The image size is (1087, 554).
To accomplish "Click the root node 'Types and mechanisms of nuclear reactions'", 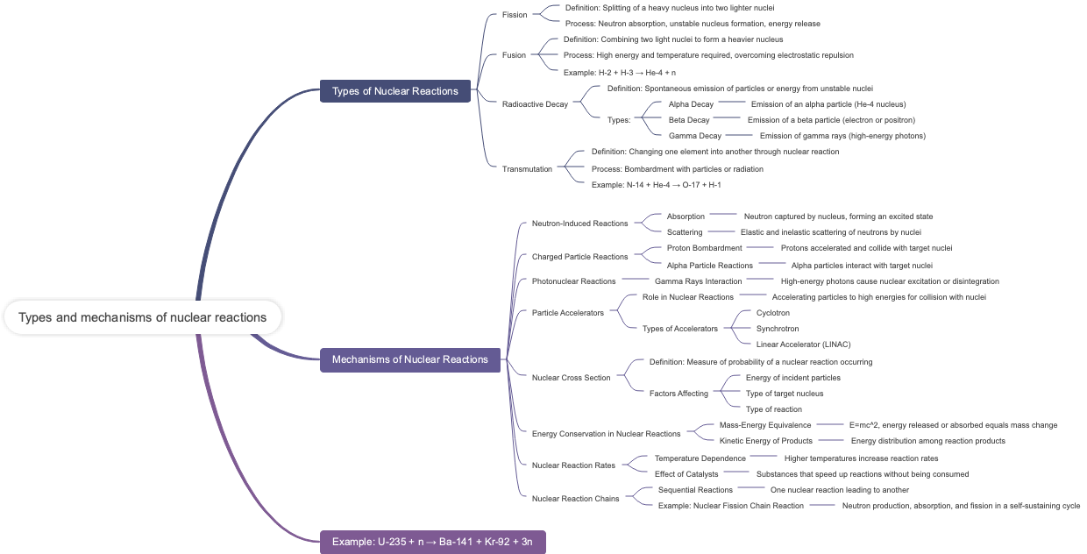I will pyautogui.click(x=142, y=317).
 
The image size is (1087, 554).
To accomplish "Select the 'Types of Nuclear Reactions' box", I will pyautogui.click(x=394, y=91).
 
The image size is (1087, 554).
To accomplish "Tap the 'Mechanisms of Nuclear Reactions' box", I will pyautogui.click(x=409, y=359).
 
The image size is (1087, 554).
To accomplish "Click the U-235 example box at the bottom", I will pyautogui.click(x=432, y=542).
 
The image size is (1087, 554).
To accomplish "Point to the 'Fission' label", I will pyautogui.click(x=515, y=15).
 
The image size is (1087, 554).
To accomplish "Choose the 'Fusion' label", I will pyautogui.click(x=514, y=55).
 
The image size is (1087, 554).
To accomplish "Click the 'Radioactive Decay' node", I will pyautogui.click(x=535, y=104).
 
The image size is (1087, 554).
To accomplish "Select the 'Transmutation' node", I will pyautogui.click(x=527, y=169).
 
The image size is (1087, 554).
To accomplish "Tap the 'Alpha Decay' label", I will pyautogui.click(x=691, y=104).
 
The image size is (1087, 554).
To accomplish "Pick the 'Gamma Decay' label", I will pyautogui.click(x=694, y=136).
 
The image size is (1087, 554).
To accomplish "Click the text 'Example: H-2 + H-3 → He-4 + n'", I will pyautogui.click(x=619, y=73).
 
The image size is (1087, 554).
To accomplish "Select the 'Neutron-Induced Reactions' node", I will pyautogui.click(x=579, y=224).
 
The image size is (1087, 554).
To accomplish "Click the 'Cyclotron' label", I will pyautogui.click(x=772, y=313).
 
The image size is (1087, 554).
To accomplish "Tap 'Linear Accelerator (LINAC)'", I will pyautogui.click(x=803, y=344).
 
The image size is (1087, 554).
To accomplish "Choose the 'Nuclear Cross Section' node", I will pyautogui.click(x=571, y=378).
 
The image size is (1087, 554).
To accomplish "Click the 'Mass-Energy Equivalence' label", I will pyautogui.click(x=764, y=425).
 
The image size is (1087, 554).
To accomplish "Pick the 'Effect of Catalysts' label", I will pyautogui.click(x=686, y=474).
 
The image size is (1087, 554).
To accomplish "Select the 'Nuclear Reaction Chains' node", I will pyautogui.click(x=575, y=499).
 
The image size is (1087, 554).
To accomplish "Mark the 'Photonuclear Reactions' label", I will pyautogui.click(x=573, y=281).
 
